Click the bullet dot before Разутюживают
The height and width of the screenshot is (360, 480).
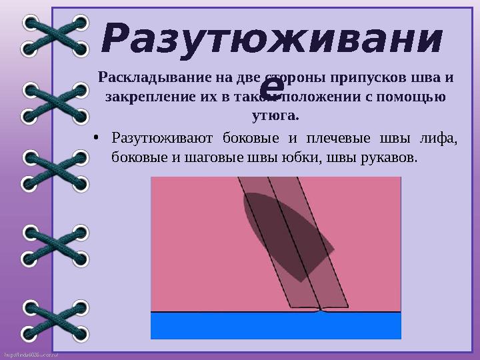coord(97,139)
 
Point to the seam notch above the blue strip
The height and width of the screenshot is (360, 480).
coord(321,310)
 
